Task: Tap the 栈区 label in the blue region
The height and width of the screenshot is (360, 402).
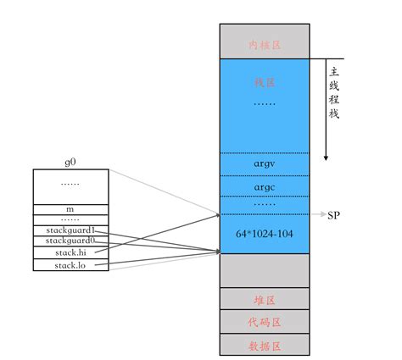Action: point(265,83)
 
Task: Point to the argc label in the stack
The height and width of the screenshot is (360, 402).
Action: point(265,185)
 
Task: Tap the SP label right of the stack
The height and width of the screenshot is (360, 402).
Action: point(334,215)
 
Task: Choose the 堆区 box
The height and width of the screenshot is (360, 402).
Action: point(265,300)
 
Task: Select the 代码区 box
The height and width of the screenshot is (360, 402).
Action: point(265,323)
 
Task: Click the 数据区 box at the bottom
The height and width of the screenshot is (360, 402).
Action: point(265,345)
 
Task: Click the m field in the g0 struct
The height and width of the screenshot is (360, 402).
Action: point(71,208)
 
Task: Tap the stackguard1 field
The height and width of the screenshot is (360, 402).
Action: point(71,230)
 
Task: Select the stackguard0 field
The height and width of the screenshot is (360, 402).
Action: point(71,241)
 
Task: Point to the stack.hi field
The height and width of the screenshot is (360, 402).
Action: point(71,253)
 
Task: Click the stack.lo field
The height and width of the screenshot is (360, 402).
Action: point(71,265)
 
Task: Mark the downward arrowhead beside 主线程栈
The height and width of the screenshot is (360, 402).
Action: point(326,158)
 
